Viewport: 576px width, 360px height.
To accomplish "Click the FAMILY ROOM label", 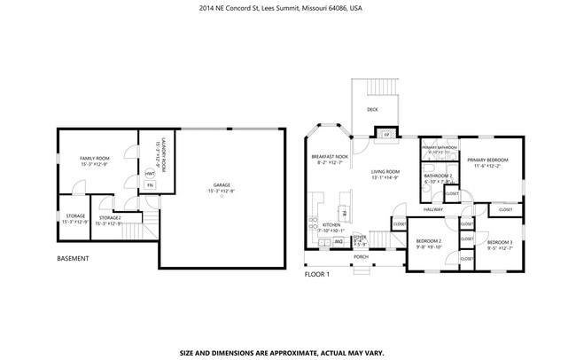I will [x=93, y=158].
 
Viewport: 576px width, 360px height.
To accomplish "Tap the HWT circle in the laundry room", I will [x=150, y=173].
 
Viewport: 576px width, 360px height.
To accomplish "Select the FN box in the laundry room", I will [x=150, y=185].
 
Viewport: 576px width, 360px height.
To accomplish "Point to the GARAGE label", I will [x=222, y=185].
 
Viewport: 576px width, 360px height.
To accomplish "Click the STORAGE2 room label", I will [x=110, y=217].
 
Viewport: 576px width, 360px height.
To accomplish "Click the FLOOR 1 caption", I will [x=317, y=274].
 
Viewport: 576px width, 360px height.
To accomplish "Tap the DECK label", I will [x=373, y=110].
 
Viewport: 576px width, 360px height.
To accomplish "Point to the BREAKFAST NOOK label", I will [x=327, y=156].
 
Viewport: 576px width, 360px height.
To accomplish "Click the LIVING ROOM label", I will [x=385, y=171].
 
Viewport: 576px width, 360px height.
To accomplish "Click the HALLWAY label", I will [x=432, y=209].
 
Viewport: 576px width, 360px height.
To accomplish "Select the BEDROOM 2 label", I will [x=429, y=241].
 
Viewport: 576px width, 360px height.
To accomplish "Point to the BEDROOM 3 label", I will [x=500, y=242].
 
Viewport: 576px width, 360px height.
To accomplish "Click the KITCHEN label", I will [x=332, y=225].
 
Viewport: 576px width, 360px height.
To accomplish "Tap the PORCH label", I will [x=361, y=257].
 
